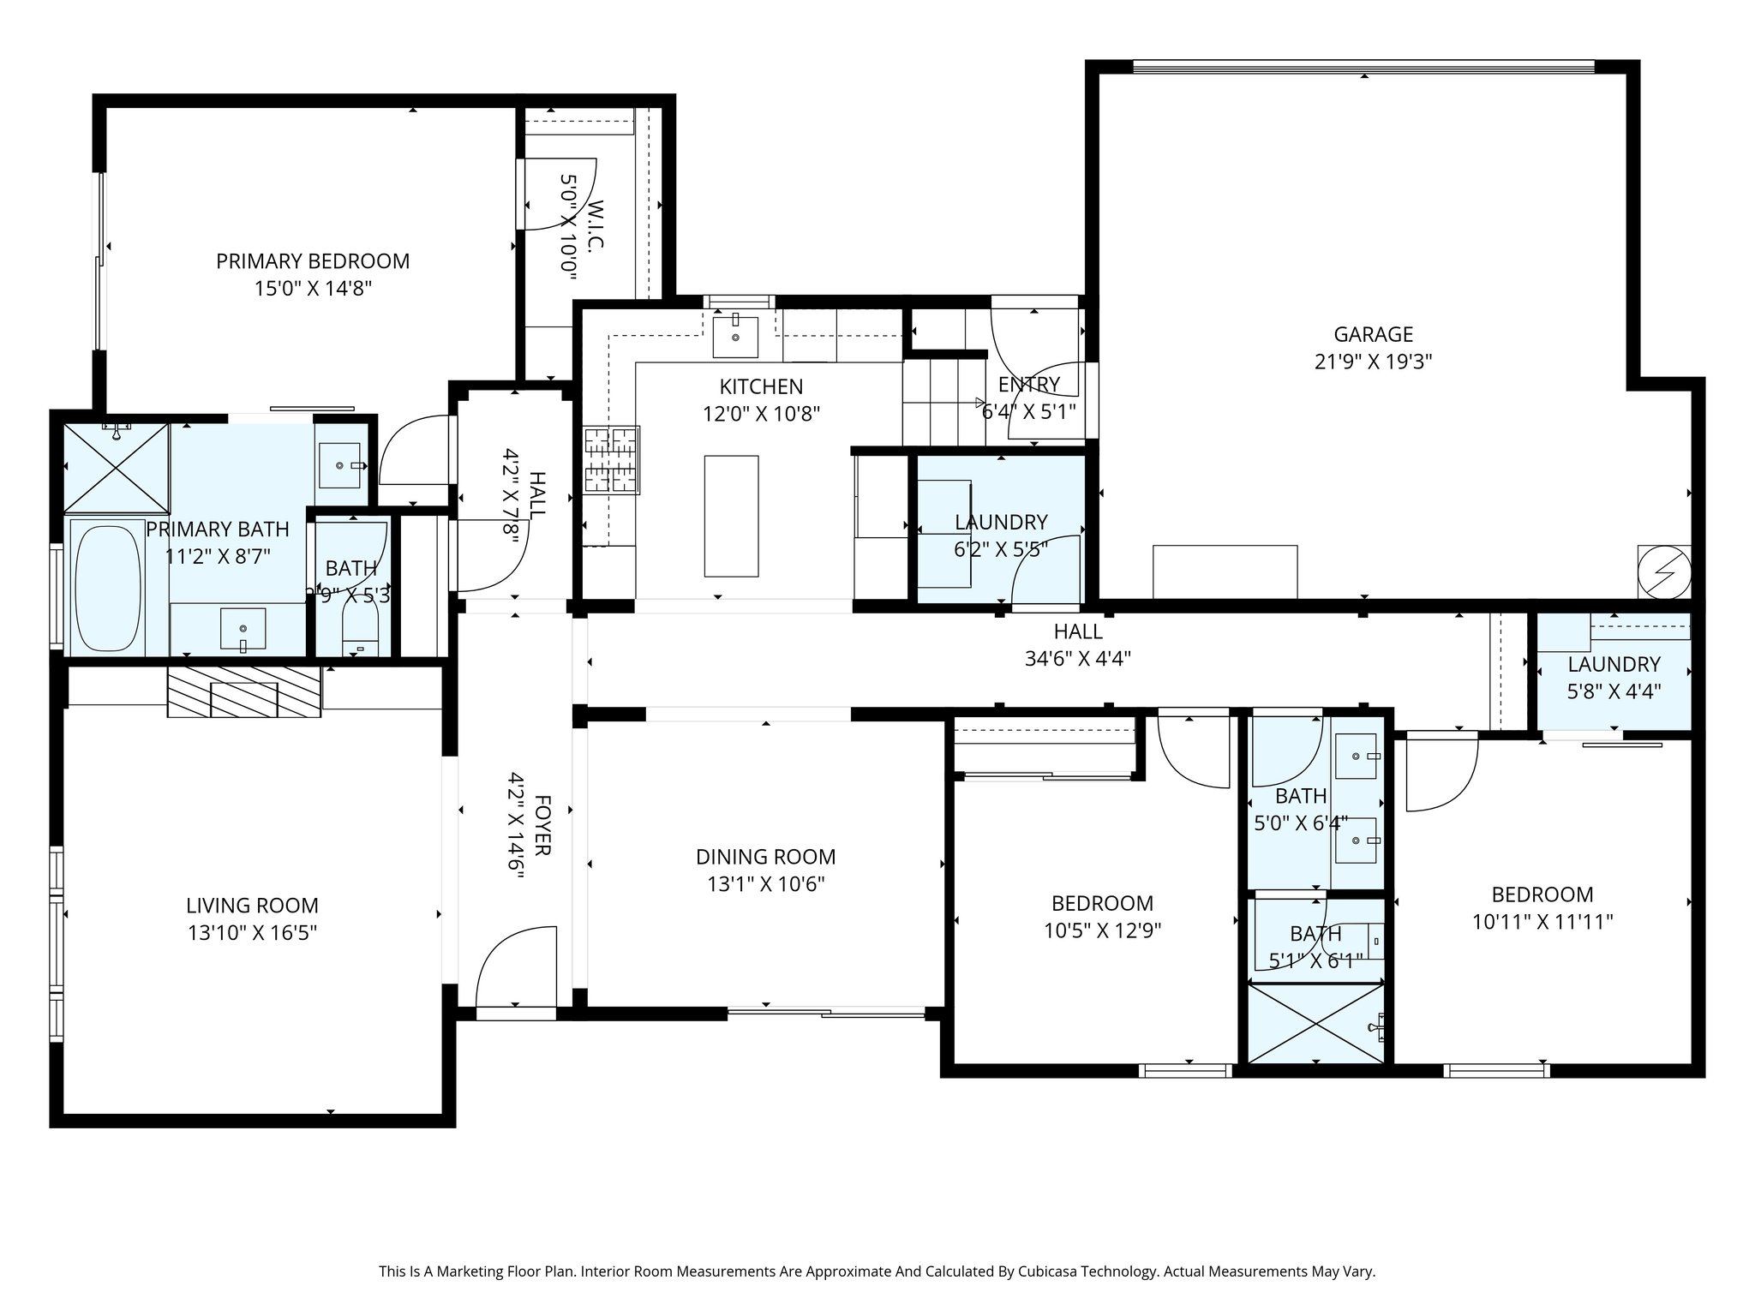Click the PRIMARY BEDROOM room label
313,261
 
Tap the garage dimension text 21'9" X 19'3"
1373,362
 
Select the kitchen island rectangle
731,516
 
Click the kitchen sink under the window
735,336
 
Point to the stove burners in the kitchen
612,461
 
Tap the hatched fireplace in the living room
243,692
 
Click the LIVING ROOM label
252,906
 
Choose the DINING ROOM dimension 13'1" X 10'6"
765,884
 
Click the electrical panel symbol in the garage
1662,571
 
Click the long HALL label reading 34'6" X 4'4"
1077,659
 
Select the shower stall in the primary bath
117,466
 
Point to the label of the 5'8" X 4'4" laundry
1614,664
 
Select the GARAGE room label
1373,334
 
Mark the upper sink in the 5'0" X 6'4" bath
1356,756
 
